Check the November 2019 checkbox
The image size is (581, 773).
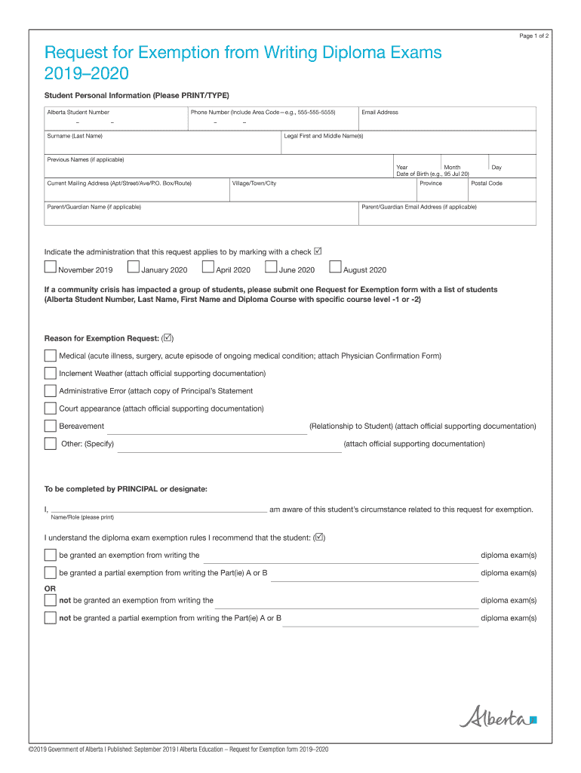pyautogui.click(x=51, y=266)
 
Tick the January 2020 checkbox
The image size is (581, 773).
pyautogui.click(x=134, y=266)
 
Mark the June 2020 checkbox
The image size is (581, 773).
pyautogui.click(x=271, y=266)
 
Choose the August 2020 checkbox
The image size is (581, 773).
pyautogui.click(x=336, y=266)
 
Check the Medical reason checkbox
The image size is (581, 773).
pyautogui.click(x=51, y=356)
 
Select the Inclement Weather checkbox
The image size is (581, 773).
pyautogui.click(x=51, y=373)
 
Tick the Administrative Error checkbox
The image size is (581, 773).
pyautogui.click(x=51, y=391)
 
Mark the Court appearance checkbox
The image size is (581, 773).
pyautogui.click(x=51, y=408)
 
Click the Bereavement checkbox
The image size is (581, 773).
pyautogui.click(x=51, y=426)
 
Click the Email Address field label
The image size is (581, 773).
pyautogui.click(x=380, y=112)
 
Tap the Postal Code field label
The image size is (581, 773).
pyautogui.click(x=487, y=183)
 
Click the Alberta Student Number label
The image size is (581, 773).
pyautogui.click(x=78, y=112)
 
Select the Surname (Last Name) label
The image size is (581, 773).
pyautogui.click(x=75, y=136)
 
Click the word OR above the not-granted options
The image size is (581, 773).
pyautogui.click(x=50, y=588)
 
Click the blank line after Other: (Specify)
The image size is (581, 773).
pyautogui.click(x=229, y=447)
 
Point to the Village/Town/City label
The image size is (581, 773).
pyautogui.click(x=254, y=183)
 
